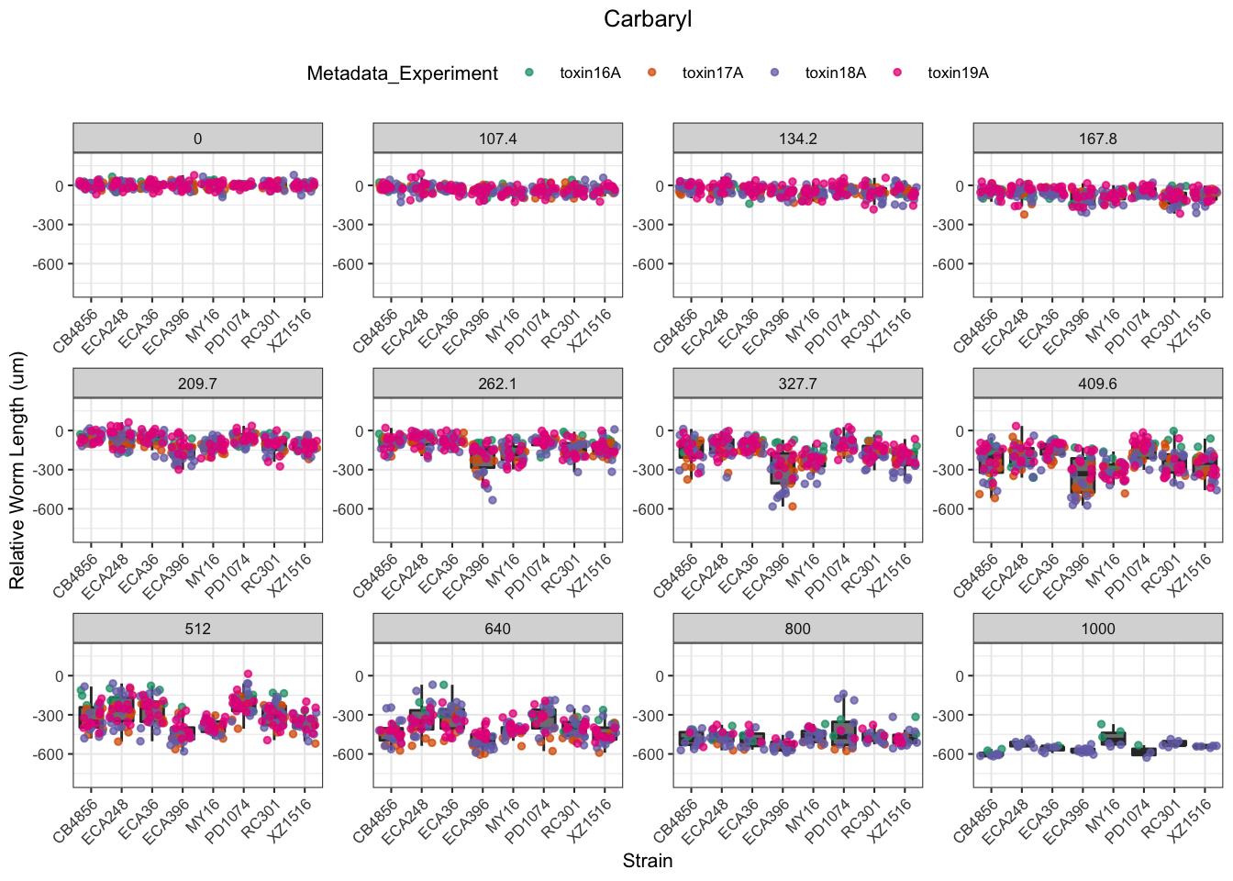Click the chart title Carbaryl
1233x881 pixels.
point(647,19)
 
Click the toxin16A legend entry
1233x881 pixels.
point(589,73)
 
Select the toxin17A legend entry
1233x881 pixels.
point(712,73)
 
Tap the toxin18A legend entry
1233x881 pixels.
point(835,73)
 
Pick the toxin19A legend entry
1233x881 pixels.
point(957,73)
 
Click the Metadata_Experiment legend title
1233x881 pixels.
point(402,73)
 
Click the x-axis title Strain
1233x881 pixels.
point(647,861)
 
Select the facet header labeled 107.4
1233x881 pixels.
point(497,139)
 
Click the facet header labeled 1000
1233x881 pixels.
point(1097,629)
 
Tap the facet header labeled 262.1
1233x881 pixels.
point(497,384)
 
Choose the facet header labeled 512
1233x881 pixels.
point(197,629)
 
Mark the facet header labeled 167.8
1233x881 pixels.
point(1097,139)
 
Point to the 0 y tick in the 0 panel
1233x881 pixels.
point(60,186)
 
